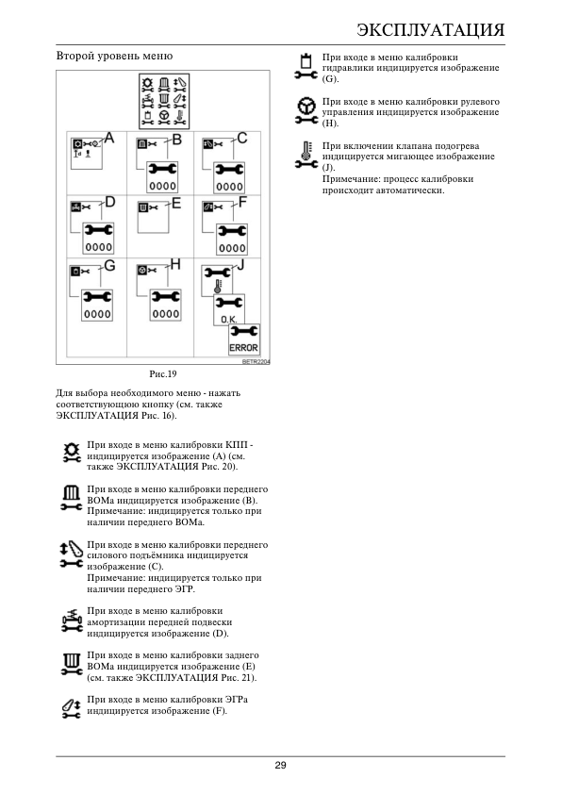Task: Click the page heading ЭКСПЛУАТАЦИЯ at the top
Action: pos(430,29)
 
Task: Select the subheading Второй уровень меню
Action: pos(114,56)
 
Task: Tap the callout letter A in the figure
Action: pos(108,138)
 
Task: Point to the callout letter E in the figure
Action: pos(176,203)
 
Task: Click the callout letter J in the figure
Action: pos(241,265)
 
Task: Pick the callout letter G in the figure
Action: pos(110,265)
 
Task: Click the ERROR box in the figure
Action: pos(244,339)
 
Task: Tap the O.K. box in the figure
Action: pos(229,309)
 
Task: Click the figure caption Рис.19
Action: pos(163,374)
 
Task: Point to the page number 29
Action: pos(280,765)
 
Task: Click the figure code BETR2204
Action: pos(256,361)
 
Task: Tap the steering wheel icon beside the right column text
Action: pos(306,111)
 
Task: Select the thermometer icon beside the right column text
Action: pos(306,155)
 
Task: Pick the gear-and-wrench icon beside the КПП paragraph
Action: pos(72,453)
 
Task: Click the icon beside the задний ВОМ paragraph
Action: pos(72,665)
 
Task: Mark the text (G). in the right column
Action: pos(331,79)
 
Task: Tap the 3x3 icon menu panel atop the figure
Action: pos(164,101)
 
